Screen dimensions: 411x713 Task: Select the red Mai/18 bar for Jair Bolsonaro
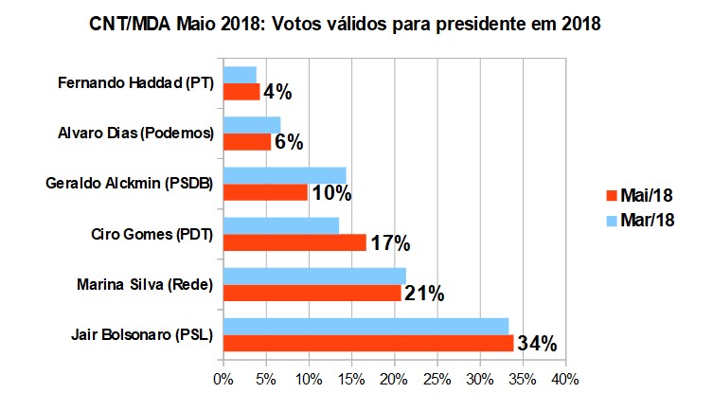click(367, 343)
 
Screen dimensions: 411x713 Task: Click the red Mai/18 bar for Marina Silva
click(312, 293)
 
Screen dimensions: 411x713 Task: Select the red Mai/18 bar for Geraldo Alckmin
click(265, 192)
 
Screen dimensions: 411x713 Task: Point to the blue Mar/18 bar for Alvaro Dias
click(252, 125)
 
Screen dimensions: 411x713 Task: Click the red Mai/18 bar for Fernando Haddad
click(241, 92)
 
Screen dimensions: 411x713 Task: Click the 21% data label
click(424, 294)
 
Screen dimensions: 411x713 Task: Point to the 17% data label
click(389, 243)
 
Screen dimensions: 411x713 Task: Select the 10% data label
click(331, 193)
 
